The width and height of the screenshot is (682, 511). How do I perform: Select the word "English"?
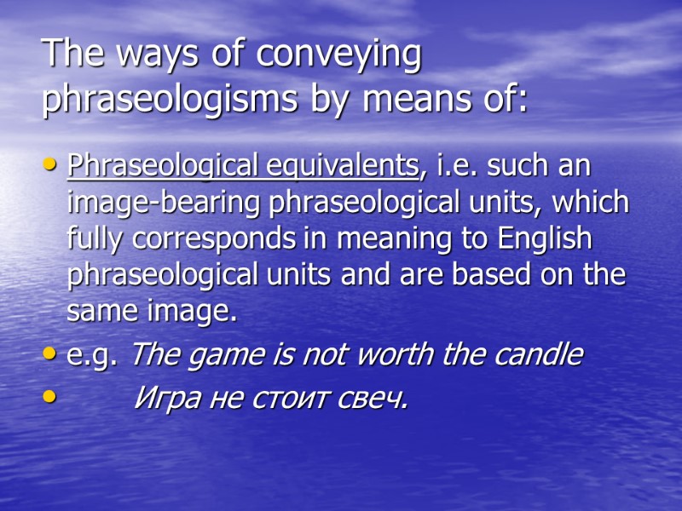pos(546,239)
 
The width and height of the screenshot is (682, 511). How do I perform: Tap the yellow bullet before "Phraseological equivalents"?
pos(53,167)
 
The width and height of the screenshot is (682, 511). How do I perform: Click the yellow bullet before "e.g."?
pos(53,355)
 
